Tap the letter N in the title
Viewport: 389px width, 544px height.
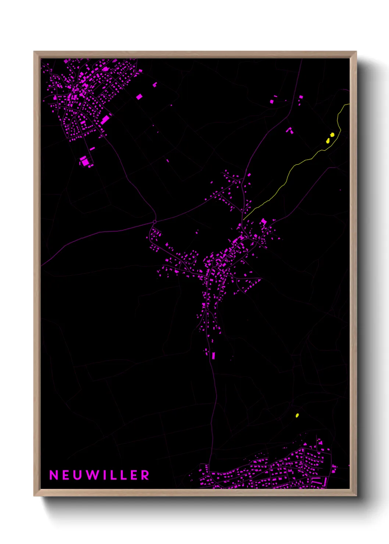point(54,475)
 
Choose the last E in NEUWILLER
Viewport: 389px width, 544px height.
point(134,475)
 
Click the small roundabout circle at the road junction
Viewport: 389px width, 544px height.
point(154,222)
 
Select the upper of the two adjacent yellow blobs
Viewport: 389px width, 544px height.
point(332,135)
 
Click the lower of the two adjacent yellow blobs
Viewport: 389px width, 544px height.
point(328,140)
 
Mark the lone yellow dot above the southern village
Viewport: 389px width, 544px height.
point(297,416)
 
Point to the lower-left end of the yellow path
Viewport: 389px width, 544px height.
point(244,219)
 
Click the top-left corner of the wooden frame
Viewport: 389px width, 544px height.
point(34,52)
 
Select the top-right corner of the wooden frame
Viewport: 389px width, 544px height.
point(356,52)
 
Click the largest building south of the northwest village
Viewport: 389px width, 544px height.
point(85,161)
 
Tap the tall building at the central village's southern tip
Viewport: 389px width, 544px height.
point(213,355)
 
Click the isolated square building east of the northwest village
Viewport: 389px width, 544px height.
point(139,97)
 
